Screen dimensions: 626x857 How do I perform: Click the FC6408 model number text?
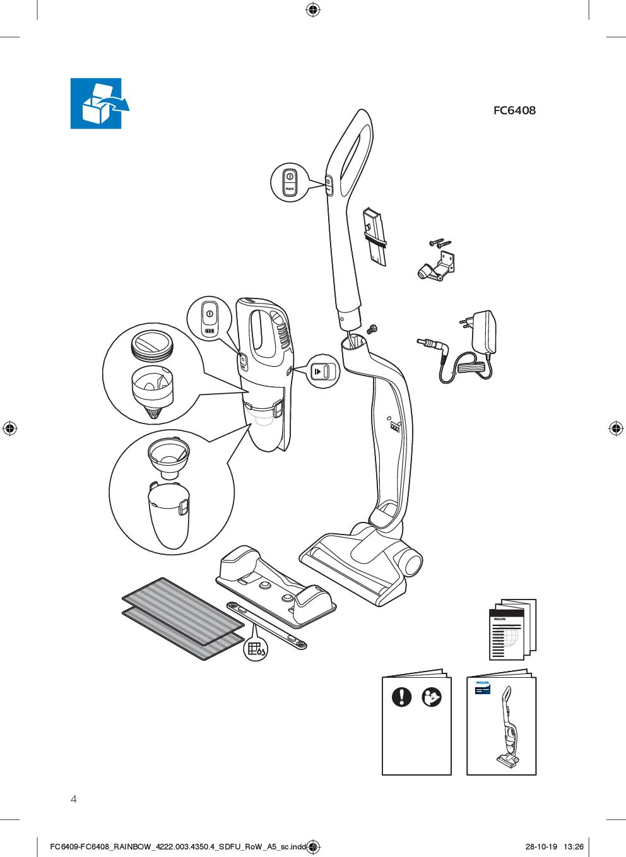click(x=514, y=110)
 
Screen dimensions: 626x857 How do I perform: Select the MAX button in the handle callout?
click(x=290, y=189)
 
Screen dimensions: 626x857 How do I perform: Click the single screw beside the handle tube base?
click(x=370, y=329)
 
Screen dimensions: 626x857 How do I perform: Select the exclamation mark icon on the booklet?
click(x=402, y=697)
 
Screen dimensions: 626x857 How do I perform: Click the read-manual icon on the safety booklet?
click(x=432, y=697)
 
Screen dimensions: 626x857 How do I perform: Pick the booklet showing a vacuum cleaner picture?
click(x=501, y=723)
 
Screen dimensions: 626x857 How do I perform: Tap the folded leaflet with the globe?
click(x=513, y=629)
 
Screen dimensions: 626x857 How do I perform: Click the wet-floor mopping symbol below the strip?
click(x=256, y=649)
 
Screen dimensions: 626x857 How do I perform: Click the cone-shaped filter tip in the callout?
click(x=153, y=413)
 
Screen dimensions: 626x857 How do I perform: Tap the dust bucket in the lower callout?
click(x=168, y=514)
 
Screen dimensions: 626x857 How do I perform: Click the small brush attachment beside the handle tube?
click(x=375, y=237)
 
